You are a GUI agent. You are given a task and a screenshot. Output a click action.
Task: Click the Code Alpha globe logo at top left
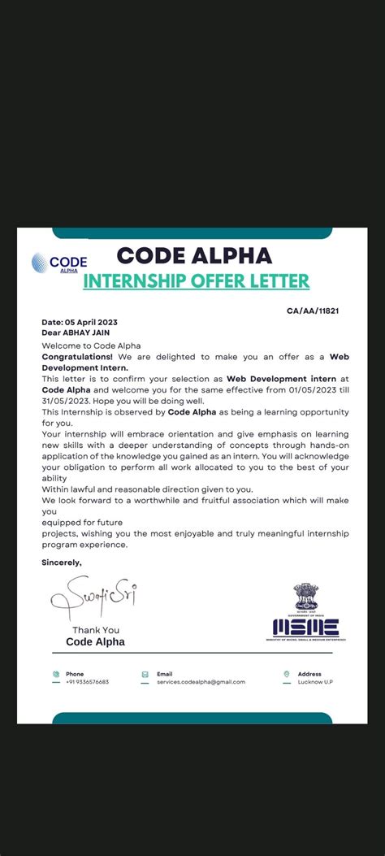tap(39, 263)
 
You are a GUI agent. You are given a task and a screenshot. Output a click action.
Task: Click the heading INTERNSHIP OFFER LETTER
tap(196, 281)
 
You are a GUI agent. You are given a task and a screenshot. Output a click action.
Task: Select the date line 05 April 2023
tap(79, 323)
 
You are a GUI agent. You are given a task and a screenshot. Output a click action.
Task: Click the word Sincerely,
tap(62, 562)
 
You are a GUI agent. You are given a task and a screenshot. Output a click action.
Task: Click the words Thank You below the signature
tap(96, 630)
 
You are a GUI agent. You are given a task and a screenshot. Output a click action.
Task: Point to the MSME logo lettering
tap(306, 627)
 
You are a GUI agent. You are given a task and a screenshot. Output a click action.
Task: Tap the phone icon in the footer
tap(56, 674)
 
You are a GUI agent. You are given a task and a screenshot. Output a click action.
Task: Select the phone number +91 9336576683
tap(87, 682)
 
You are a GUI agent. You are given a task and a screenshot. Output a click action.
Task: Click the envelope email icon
tap(145, 674)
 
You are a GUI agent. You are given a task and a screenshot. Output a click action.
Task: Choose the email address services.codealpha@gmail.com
tap(201, 682)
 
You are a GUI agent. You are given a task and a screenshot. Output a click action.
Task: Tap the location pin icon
tap(287, 674)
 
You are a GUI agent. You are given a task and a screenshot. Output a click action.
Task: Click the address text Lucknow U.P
tap(315, 682)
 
